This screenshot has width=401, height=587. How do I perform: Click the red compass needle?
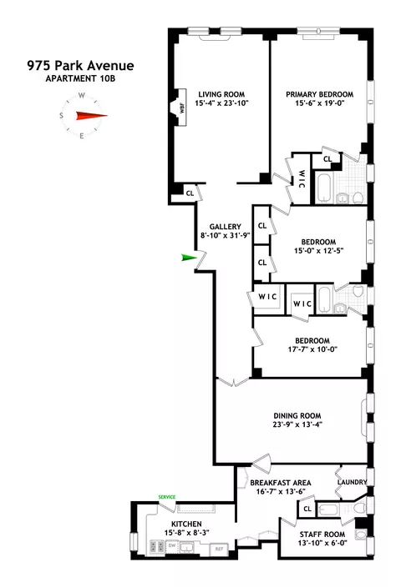click(92, 117)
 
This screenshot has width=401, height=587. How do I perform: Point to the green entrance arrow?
click(188, 258)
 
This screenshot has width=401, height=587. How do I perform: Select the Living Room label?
click(218, 93)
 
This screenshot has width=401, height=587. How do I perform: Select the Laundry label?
click(351, 482)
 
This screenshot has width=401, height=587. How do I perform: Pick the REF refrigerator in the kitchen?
click(221, 549)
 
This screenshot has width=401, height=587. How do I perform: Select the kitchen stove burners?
click(156, 546)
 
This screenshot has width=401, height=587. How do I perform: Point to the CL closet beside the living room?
click(190, 193)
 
